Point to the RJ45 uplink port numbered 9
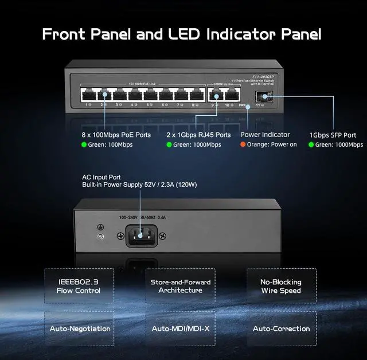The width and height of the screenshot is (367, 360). point(217,94)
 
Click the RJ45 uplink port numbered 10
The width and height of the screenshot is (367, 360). point(231,94)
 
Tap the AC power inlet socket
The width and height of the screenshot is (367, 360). point(141,235)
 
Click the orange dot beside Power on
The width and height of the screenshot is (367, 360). point(243,144)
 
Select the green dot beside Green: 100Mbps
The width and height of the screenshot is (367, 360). point(84,144)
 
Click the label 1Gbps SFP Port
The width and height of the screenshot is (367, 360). point(333,135)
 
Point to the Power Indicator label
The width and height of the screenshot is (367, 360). point(265,135)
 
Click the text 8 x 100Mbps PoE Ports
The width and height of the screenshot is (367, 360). point(116,135)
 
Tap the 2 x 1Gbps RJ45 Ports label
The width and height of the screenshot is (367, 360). point(198,135)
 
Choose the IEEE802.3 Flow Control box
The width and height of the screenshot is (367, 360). point(79,286)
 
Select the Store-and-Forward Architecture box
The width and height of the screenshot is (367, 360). point(180,286)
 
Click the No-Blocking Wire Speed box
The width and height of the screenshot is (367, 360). point(281,286)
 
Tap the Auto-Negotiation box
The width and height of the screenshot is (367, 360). point(79,328)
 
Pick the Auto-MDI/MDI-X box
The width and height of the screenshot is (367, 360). point(180,328)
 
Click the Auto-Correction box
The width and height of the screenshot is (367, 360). point(281,328)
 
